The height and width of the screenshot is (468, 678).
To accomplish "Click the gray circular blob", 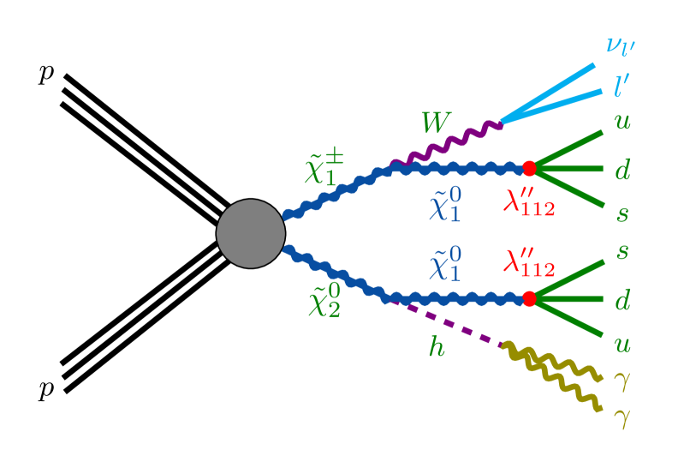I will (250, 233).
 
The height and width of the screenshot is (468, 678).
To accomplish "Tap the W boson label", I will (435, 124).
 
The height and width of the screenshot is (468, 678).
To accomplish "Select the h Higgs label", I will (437, 347).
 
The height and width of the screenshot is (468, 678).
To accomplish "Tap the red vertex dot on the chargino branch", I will (529, 168).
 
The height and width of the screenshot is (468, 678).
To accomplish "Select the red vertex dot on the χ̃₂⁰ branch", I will (529, 298).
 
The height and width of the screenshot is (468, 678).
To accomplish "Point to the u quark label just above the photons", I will (622, 345).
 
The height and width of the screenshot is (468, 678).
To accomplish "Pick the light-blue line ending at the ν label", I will (548, 92).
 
